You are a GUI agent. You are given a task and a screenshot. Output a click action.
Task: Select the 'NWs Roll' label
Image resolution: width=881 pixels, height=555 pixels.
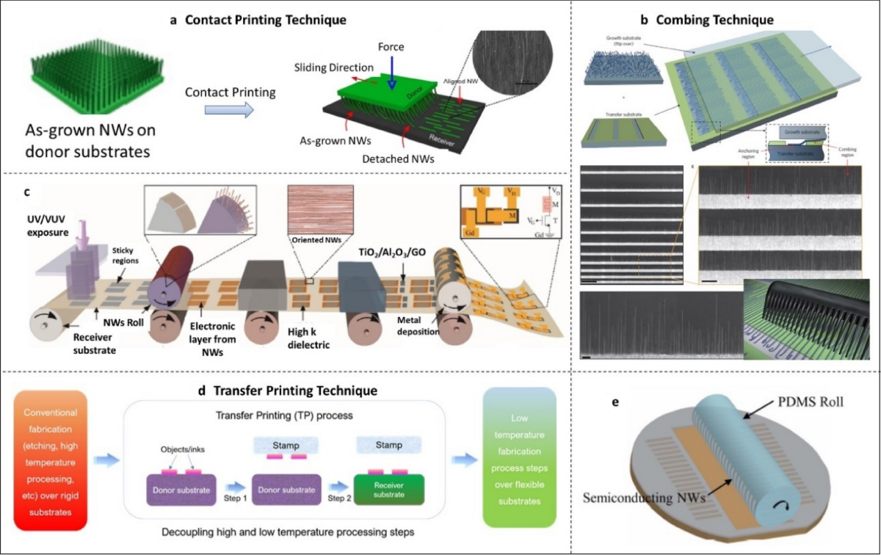[123, 320]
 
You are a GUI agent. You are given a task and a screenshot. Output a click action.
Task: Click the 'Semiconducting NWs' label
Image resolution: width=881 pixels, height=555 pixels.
[644, 497]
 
